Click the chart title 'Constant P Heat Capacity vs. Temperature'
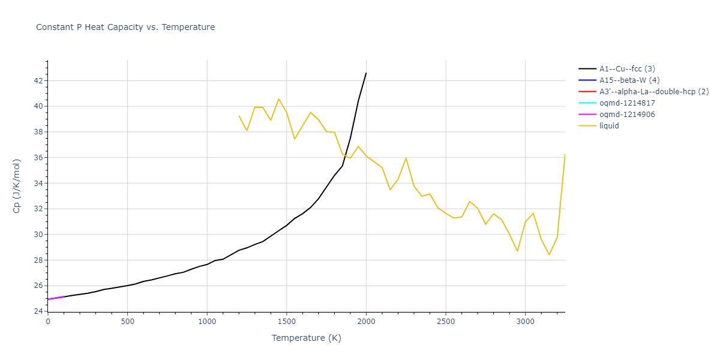(x=125, y=27)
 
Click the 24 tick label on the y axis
(x=38, y=311)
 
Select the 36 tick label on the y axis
(x=38, y=158)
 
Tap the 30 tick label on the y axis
(x=38, y=235)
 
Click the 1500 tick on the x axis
(x=286, y=322)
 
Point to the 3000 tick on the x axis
(x=525, y=322)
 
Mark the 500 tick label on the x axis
(x=127, y=322)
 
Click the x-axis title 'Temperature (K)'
(x=306, y=338)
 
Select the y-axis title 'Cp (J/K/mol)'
(x=17, y=186)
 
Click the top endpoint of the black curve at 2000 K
(x=366, y=73)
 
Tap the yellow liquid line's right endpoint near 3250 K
(x=565, y=155)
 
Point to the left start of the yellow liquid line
(x=239, y=116)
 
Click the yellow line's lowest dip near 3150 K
(x=549, y=254)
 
